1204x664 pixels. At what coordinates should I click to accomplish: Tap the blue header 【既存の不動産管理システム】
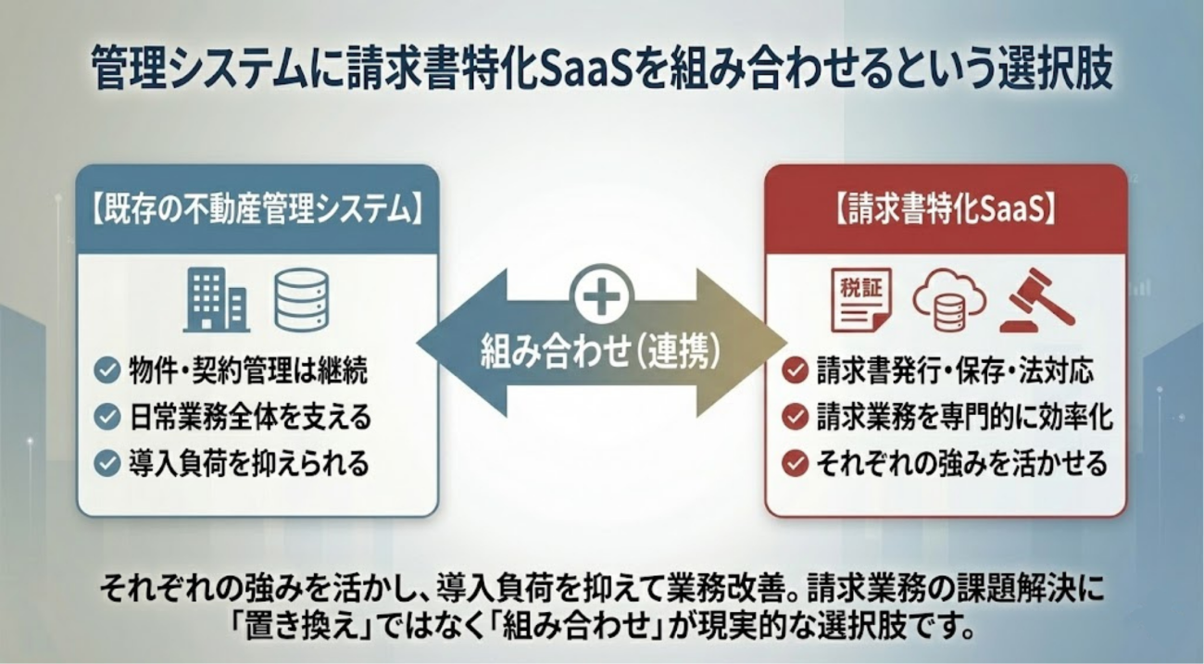point(257,209)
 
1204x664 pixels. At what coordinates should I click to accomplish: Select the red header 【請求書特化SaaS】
point(946,209)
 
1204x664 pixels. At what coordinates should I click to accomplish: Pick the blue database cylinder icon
point(302,300)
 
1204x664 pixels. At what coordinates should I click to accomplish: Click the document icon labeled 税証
point(861,299)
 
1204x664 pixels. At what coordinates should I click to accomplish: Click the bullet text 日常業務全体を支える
point(250,417)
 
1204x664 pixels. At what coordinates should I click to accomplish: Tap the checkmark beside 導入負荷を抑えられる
point(107,462)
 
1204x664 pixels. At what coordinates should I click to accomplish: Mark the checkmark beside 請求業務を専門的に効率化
point(794,417)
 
